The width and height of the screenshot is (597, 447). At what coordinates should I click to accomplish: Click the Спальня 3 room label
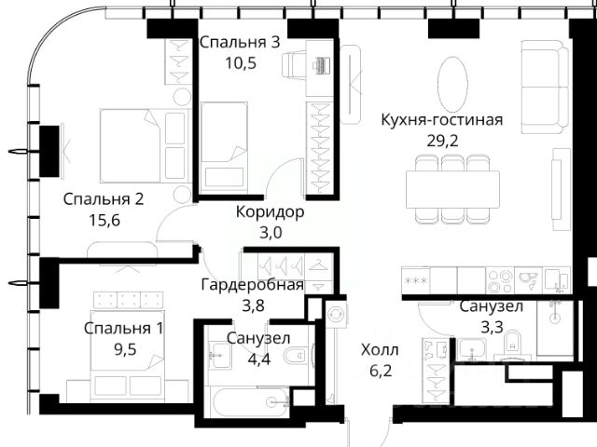coord(240,42)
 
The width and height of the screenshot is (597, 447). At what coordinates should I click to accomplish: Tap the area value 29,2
coord(442,141)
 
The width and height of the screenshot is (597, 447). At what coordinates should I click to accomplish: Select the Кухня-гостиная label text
coord(442,120)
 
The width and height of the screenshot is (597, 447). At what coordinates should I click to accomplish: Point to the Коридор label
coord(270,212)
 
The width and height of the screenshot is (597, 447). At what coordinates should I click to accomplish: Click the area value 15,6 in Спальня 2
coord(104,220)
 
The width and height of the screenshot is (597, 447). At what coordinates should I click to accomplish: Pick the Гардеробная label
coord(253,284)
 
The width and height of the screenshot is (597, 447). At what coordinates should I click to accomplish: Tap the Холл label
coord(380,350)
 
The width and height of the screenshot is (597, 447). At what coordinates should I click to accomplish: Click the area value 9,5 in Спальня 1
coord(125,349)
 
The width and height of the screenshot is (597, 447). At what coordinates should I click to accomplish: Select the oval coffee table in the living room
coord(452,84)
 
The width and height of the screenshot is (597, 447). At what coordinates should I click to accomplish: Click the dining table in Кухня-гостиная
coord(452,189)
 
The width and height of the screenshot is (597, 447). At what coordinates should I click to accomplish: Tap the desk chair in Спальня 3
coord(294,64)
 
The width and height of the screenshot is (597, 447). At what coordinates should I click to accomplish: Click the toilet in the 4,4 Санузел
coord(299,355)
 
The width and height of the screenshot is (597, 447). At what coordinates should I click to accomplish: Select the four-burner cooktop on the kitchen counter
coord(500,280)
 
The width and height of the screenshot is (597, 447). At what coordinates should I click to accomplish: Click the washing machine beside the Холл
coord(336,314)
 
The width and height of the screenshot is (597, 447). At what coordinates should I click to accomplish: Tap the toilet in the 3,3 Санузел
coord(512,344)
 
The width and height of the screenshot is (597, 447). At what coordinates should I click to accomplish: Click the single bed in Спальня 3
coord(224,146)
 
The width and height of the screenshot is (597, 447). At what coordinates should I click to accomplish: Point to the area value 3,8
coord(253,305)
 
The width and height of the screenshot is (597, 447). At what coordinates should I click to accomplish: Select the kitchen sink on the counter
coord(529,280)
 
